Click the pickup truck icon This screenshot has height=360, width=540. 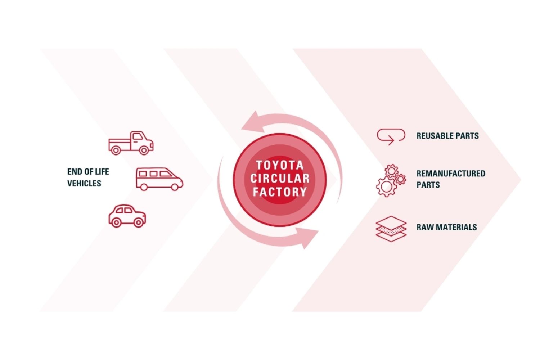click(131, 143)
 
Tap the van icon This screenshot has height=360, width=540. click(159, 179)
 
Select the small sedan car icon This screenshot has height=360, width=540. click(127, 216)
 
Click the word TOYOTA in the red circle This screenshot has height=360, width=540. click(280, 165)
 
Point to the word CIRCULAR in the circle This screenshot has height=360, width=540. click(280, 178)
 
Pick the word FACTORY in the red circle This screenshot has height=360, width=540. click(280, 192)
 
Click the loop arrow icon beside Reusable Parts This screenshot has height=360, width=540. click(391, 136)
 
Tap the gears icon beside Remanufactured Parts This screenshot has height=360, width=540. click(391, 180)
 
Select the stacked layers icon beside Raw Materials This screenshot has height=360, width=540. click(391, 229)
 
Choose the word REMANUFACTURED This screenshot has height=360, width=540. click(451, 174)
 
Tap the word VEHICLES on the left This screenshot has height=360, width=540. click(84, 183)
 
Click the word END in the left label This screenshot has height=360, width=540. click(75, 172)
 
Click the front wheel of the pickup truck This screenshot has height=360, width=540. click(144, 150)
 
